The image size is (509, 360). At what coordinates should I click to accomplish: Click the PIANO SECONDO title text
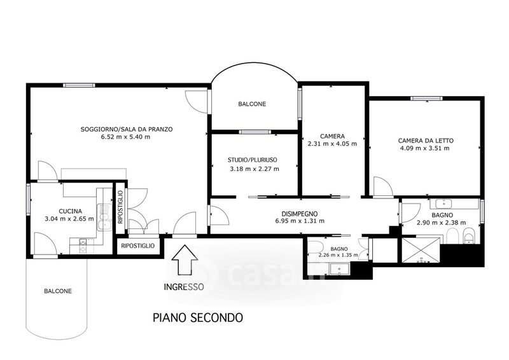pos(198,317)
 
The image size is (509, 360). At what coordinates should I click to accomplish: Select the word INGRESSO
pos(184,287)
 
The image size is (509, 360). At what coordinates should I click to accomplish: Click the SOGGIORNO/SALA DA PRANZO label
pos(126,129)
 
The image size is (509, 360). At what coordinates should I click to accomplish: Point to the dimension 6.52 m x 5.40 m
pos(125,137)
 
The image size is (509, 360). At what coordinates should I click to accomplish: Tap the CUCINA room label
pos(70,211)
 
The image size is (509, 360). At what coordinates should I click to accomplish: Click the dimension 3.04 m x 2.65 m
pos(69,219)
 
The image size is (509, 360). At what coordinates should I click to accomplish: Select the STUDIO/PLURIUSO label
pos(252,160)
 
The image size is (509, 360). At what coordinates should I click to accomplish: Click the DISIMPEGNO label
pos(299,214)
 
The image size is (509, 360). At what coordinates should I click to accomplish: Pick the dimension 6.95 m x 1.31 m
pos(299,221)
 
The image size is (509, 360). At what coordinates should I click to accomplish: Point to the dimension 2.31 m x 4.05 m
pos(332,144)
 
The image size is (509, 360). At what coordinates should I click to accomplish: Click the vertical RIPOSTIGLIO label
pos(120,207)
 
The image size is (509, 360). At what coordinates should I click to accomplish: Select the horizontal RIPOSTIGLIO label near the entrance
pos(137,246)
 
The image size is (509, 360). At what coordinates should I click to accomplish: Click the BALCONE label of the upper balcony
pos(252,104)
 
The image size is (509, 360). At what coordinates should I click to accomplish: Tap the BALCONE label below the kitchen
pos(58,291)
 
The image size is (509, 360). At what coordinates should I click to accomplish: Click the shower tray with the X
pos(421,250)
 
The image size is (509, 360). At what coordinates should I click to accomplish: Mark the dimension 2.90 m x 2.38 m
pos(442,223)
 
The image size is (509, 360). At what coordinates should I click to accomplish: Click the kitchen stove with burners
pos(83,246)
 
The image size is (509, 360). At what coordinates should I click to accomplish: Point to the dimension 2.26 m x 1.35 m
pos(338,255)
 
